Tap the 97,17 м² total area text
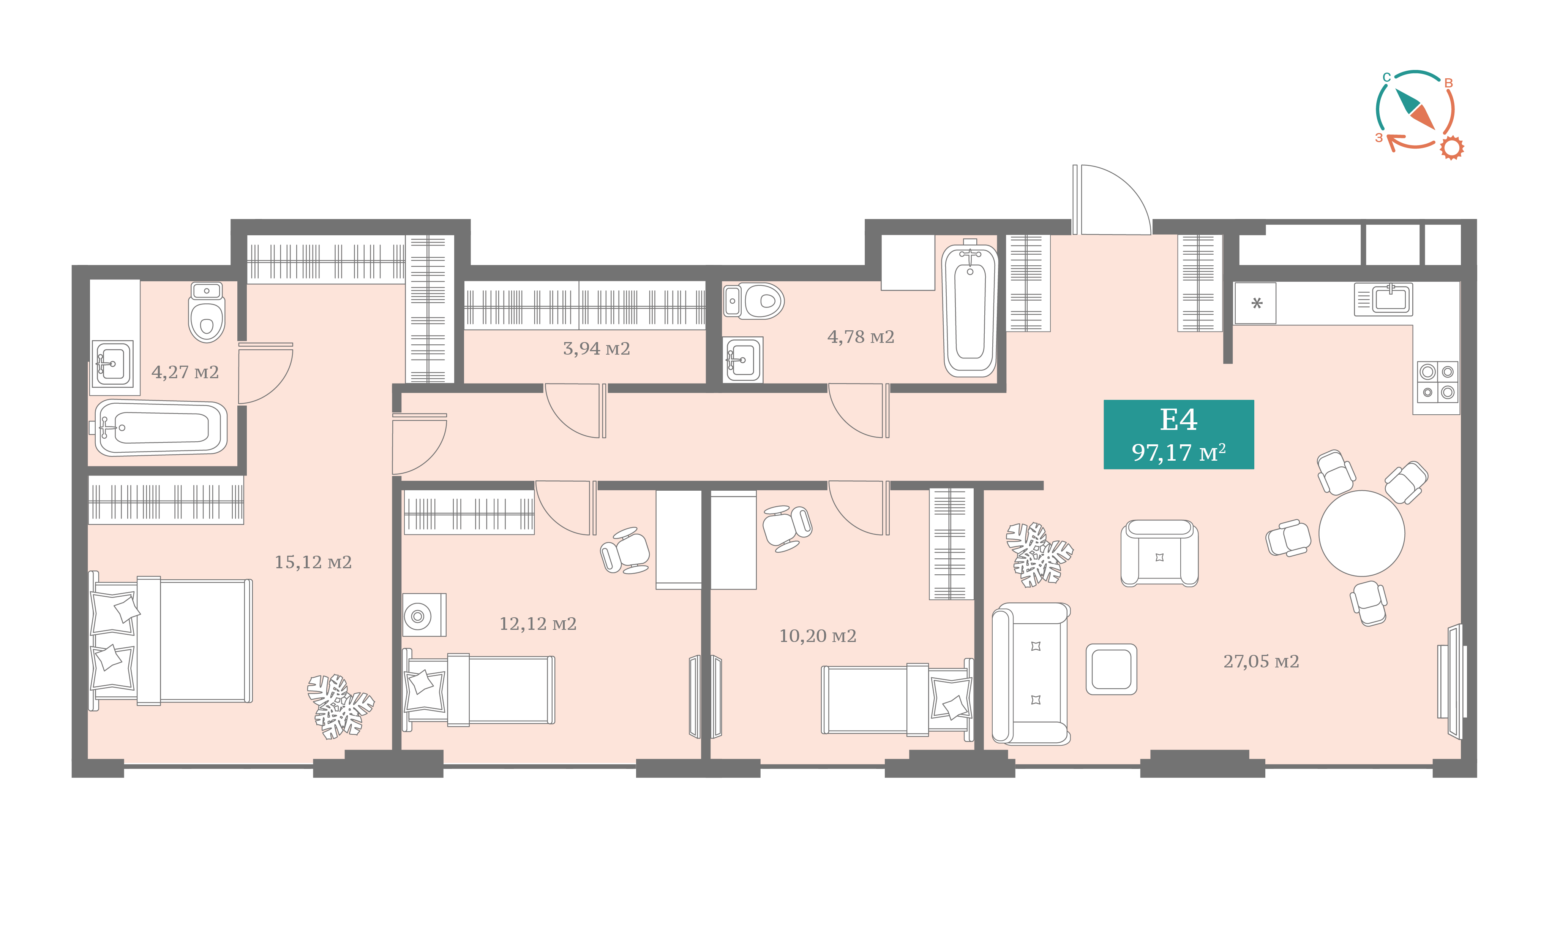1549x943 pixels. [x=1179, y=452]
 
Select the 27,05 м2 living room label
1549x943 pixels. [x=1261, y=661]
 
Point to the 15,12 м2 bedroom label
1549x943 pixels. [x=313, y=562]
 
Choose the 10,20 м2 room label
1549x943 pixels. [x=817, y=636]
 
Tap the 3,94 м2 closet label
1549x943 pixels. [x=596, y=349]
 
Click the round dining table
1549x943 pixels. [x=1362, y=534]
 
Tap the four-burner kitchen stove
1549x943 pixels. [x=1438, y=382]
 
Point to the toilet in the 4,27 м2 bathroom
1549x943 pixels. [x=207, y=312]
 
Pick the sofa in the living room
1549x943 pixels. [x=1031, y=674]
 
